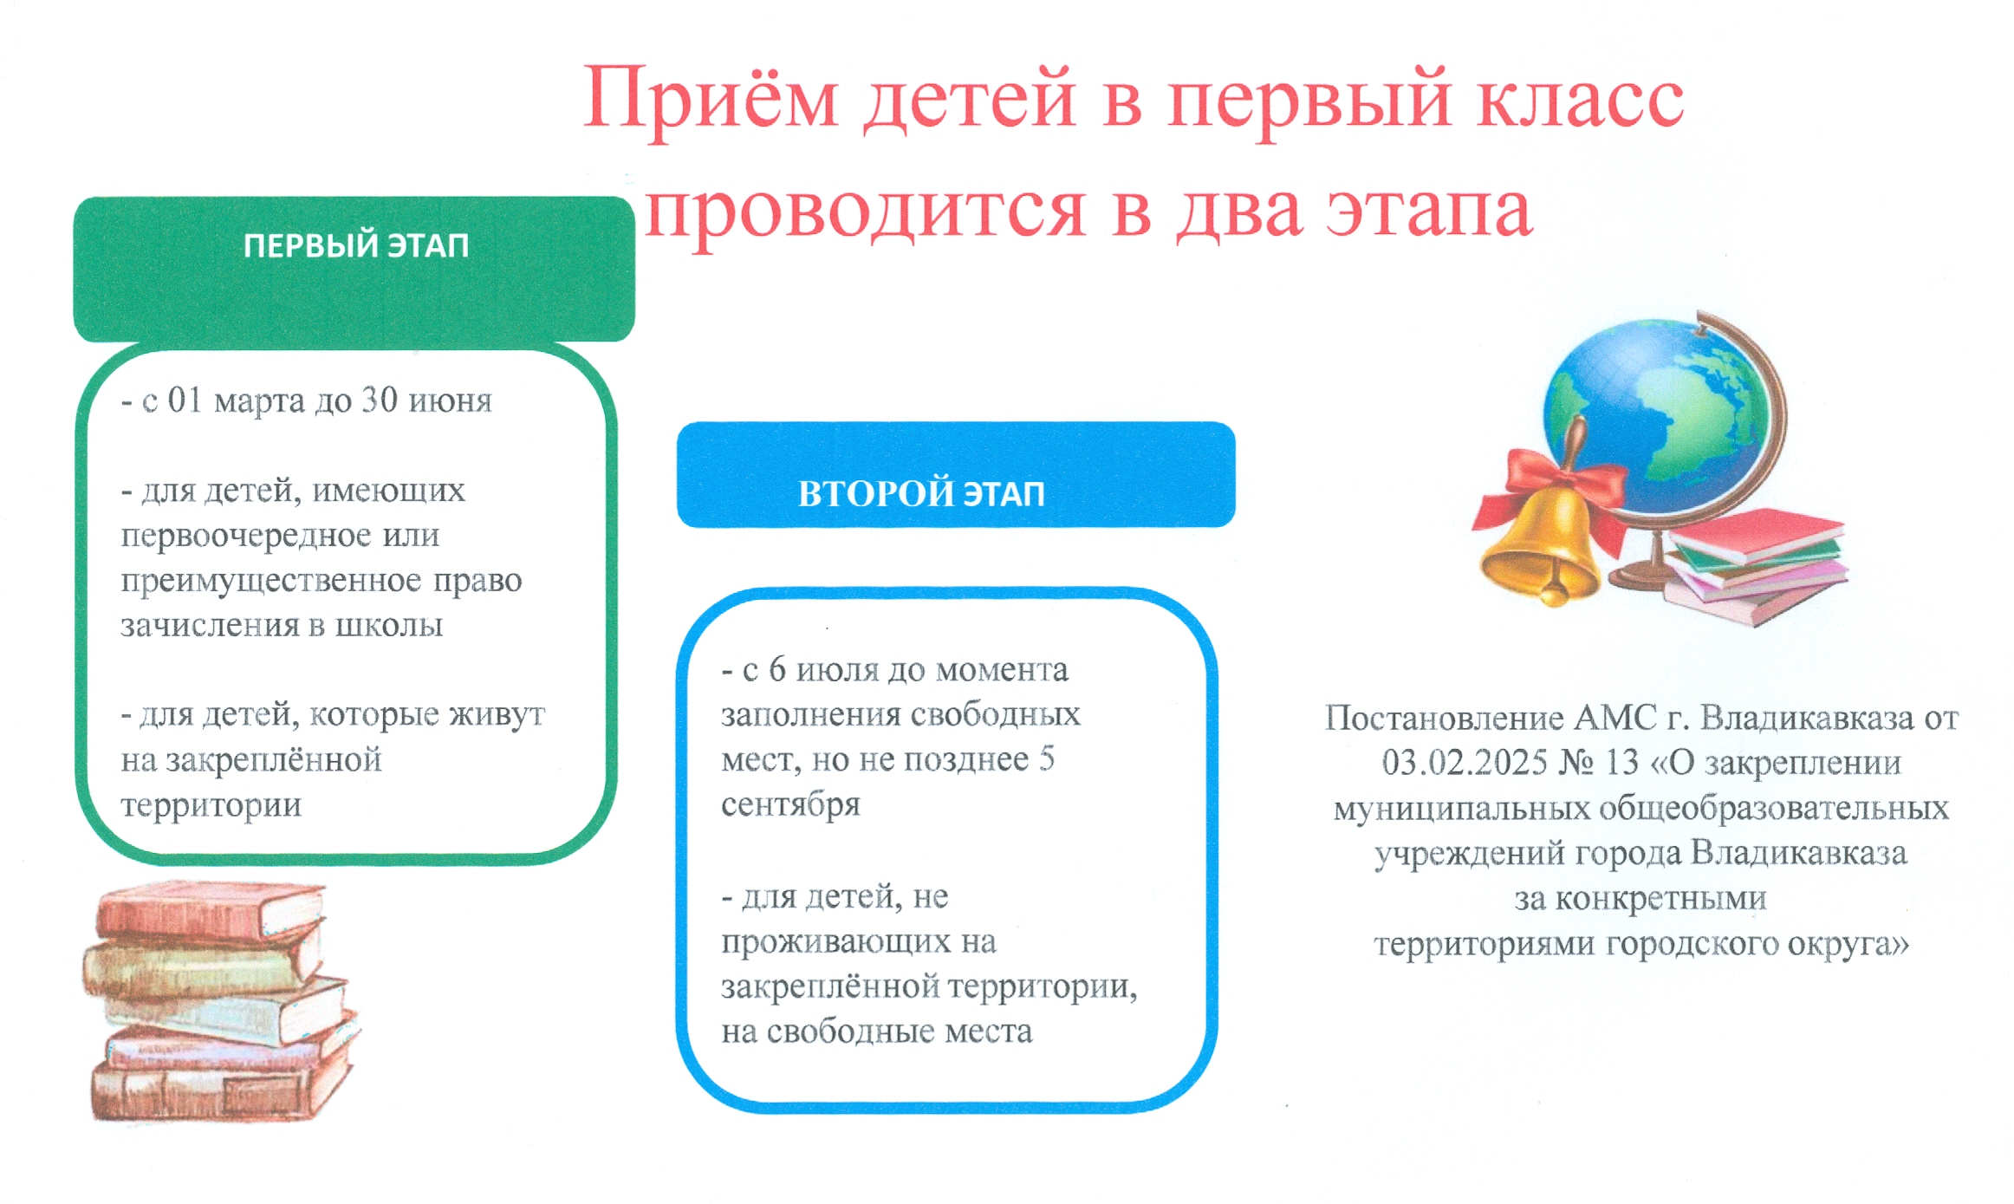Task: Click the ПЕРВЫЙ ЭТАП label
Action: point(355,246)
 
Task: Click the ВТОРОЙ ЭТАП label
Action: point(921,493)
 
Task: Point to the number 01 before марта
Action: point(185,400)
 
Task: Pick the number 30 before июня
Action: point(380,400)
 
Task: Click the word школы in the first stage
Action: point(389,625)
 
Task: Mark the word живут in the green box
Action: point(497,715)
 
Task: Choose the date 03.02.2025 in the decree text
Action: point(1465,763)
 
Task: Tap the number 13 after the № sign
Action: point(1621,763)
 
